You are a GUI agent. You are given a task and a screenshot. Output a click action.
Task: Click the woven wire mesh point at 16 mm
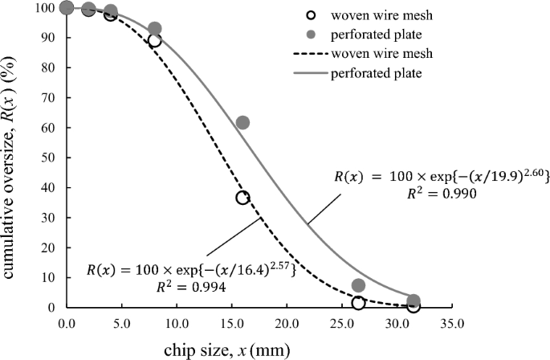pos(242,198)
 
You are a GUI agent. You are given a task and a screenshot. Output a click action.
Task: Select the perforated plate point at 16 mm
pos(242,123)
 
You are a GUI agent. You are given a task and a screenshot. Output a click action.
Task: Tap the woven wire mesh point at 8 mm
pos(155,40)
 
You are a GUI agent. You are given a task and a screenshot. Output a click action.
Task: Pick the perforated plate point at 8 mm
pos(155,29)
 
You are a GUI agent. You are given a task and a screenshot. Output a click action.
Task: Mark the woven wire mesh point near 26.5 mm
pos(358,303)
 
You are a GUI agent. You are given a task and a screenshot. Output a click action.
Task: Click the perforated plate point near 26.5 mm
pos(358,285)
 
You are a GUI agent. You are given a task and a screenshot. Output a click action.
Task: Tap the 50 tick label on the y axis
pos(51,157)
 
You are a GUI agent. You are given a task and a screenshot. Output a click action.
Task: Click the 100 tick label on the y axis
pos(47,8)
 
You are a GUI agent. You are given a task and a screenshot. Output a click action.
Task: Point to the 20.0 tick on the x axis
pos(287,325)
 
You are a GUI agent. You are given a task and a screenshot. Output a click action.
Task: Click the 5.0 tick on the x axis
pos(122,325)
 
